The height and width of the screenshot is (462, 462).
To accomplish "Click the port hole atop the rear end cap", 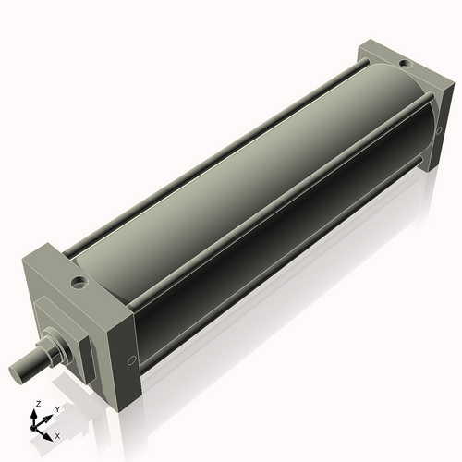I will (403, 64).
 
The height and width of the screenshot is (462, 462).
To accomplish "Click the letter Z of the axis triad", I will (38, 404).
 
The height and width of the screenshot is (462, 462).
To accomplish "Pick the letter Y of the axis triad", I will (57, 408).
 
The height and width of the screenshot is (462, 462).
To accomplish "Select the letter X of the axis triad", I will (57, 434).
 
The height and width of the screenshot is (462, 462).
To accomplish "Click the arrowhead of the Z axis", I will (38, 413).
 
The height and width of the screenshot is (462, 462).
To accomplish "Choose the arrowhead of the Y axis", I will (49, 417).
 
